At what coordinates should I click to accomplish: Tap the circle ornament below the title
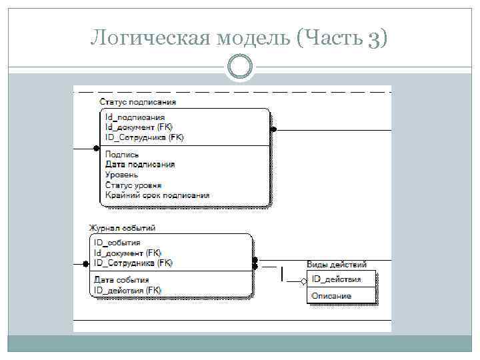239,67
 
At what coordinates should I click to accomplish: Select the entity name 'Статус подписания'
138,102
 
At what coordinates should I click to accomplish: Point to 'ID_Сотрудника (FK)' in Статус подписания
145,137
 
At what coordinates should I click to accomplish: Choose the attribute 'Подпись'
122,155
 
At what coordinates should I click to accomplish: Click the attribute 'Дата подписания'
141,165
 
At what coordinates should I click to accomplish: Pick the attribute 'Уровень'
122,175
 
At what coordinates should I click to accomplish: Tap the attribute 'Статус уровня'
133,185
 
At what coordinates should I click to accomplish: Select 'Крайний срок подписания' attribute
157,195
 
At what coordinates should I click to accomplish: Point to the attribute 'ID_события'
117,243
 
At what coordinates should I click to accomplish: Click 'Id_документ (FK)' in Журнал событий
127,253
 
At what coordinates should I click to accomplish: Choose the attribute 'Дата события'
121,280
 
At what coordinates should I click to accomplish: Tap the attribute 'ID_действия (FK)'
127,290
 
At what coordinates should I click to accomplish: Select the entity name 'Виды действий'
337,265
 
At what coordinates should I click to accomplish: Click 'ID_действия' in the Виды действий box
337,279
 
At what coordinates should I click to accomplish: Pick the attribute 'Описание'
331,295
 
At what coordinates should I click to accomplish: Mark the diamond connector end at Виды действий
304,281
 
